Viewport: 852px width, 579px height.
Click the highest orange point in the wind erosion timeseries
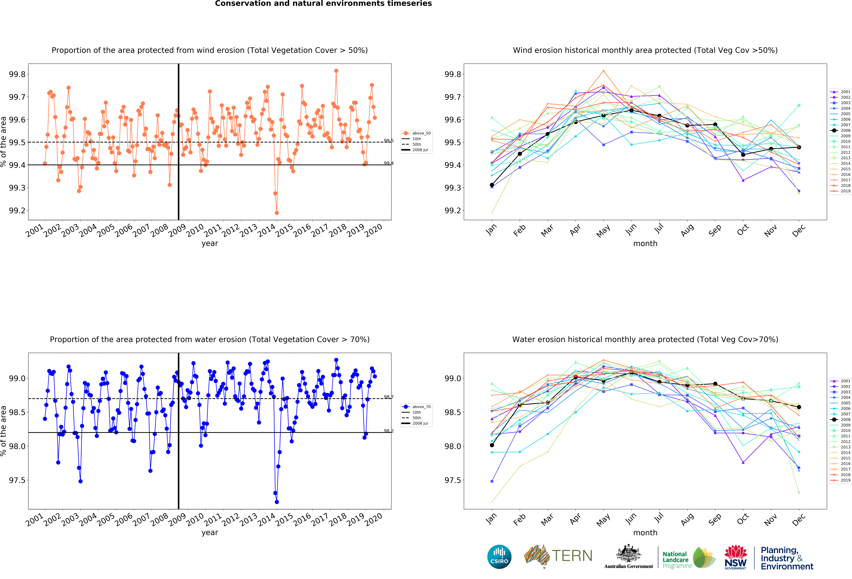point(336,71)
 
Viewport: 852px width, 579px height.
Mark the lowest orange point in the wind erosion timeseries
point(277,213)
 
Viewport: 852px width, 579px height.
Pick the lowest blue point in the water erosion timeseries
point(277,502)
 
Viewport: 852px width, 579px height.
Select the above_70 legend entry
point(418,407)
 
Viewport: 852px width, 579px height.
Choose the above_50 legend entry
point(418,133)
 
